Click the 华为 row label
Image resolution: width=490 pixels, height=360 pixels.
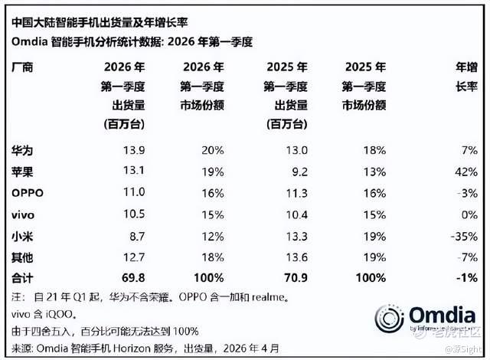[x=22, y=151]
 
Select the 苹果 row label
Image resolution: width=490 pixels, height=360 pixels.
[x=22, y=172]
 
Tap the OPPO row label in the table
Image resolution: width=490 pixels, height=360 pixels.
[x=28, y=193]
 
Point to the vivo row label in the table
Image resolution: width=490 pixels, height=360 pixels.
[x=23, y=215]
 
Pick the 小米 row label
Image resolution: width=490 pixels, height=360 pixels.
[x=22, y=236]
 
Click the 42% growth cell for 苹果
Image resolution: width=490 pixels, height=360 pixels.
[x=466, y=172]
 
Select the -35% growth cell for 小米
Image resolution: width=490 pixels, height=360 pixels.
[x=464, y=236]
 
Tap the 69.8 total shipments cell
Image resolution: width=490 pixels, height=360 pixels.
[x=133, y=277]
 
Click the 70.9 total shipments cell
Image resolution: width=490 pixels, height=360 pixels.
[x=296, y=277]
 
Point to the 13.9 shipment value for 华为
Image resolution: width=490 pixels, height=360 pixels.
[x=134, y=150]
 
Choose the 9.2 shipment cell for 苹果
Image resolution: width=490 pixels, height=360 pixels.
[x=299, y=172]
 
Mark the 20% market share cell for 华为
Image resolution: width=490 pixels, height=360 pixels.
[x=213, y=150]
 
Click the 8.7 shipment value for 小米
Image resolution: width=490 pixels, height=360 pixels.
[x=137, y=236]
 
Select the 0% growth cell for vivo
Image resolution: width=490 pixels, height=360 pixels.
[x=469, y=215]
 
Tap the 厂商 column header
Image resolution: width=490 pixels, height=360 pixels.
[x=22, y=67]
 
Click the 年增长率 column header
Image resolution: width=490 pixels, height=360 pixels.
[x=466, y=77]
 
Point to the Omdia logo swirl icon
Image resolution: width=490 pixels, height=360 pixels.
[x=390, y=319]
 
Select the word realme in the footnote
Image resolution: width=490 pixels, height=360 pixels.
[x=268, y=297]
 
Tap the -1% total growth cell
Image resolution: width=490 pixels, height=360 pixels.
[x=467, y=277]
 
